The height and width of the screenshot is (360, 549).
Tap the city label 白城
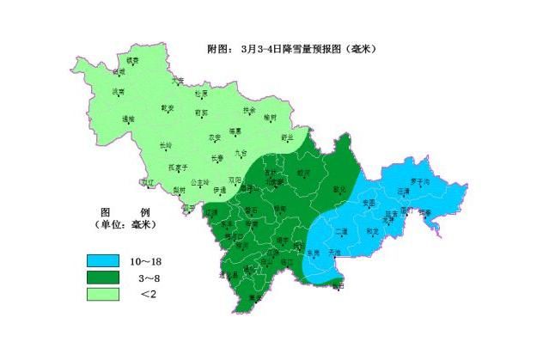119,71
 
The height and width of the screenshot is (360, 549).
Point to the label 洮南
119,91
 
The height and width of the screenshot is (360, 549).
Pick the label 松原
201,93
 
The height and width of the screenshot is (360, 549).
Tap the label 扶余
249,110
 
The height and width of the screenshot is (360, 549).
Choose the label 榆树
271,117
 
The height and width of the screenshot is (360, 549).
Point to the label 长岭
167,145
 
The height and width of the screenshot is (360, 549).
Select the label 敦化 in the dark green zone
337,189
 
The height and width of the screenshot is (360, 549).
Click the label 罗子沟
418,181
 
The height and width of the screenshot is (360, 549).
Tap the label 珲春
424,211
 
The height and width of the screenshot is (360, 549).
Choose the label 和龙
372,230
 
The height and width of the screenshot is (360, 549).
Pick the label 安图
369,202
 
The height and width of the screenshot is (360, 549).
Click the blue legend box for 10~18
102,260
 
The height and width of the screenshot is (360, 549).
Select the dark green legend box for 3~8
102,278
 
